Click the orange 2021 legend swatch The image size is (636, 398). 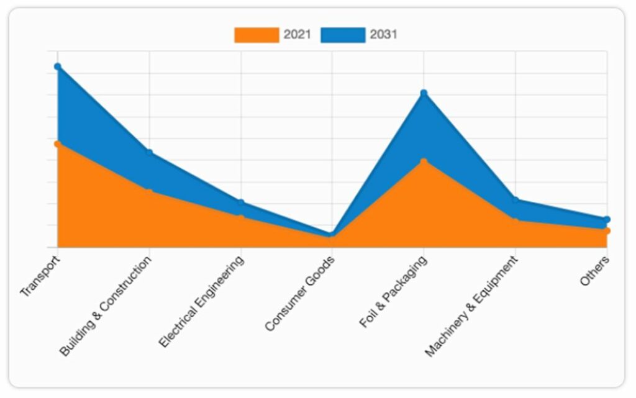coord(256,35)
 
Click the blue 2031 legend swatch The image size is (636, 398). coord(343,35)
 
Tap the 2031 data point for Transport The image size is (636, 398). coord(58,66)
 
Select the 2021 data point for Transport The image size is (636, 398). coord(58,144)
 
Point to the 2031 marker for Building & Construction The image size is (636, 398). coord(150,153)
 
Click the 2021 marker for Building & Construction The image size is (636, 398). coord(150,191)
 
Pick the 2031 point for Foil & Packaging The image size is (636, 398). coord(424,94)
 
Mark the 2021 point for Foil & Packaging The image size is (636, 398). coord(424,161)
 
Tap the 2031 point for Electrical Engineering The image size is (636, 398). coord(241,203)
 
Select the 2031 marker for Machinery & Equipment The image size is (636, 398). coord(516,200)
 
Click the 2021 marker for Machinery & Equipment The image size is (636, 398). coord(516,220)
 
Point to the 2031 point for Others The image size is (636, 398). coord(607,219)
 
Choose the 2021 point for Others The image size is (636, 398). coord(607,231)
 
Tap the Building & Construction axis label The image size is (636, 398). coord(106,306)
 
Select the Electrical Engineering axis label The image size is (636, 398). coord(201,301)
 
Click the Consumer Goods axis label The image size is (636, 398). coord(300,293)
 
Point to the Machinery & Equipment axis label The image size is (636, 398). coord(472,307)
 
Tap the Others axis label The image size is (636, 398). coord(595,271)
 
